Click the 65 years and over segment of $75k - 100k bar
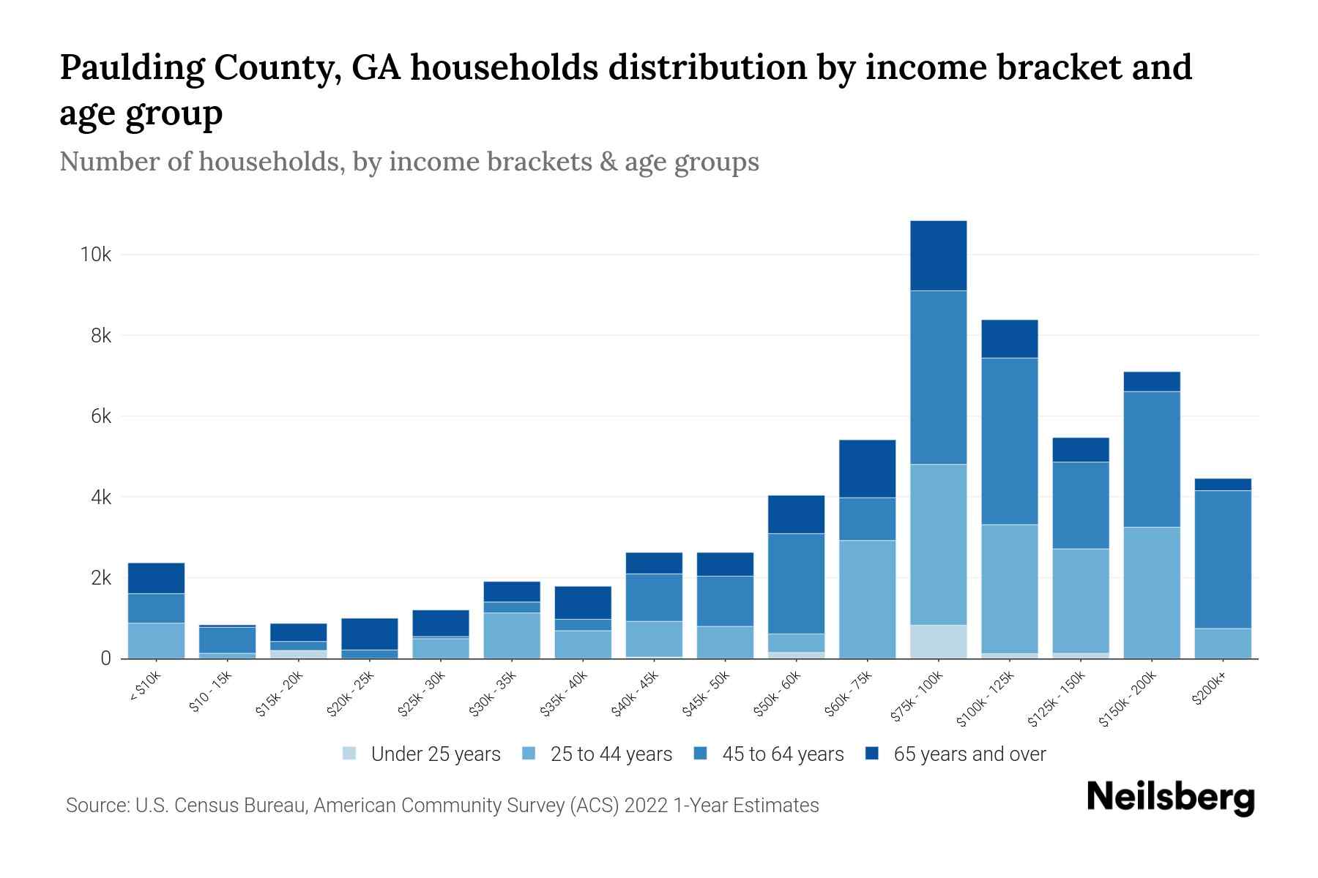click(938, 256)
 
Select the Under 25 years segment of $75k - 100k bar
click(938, 642)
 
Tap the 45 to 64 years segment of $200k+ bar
click(1223, 560)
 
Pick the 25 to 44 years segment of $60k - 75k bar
click(867, 599)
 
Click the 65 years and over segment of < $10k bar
click(156, 578)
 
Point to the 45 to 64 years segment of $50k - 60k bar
click(796, 584)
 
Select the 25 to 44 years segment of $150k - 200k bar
click(1152, 593)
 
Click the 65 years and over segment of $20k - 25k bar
click(370, 634)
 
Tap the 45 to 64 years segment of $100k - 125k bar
click(1009, 441)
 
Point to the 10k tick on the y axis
click(95, 255)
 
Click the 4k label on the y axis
click(100, 498)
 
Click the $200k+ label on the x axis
click(1209, 691)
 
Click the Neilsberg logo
click(1170, 798)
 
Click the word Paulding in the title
click(131, 68)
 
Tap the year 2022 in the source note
click(646, 806)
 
